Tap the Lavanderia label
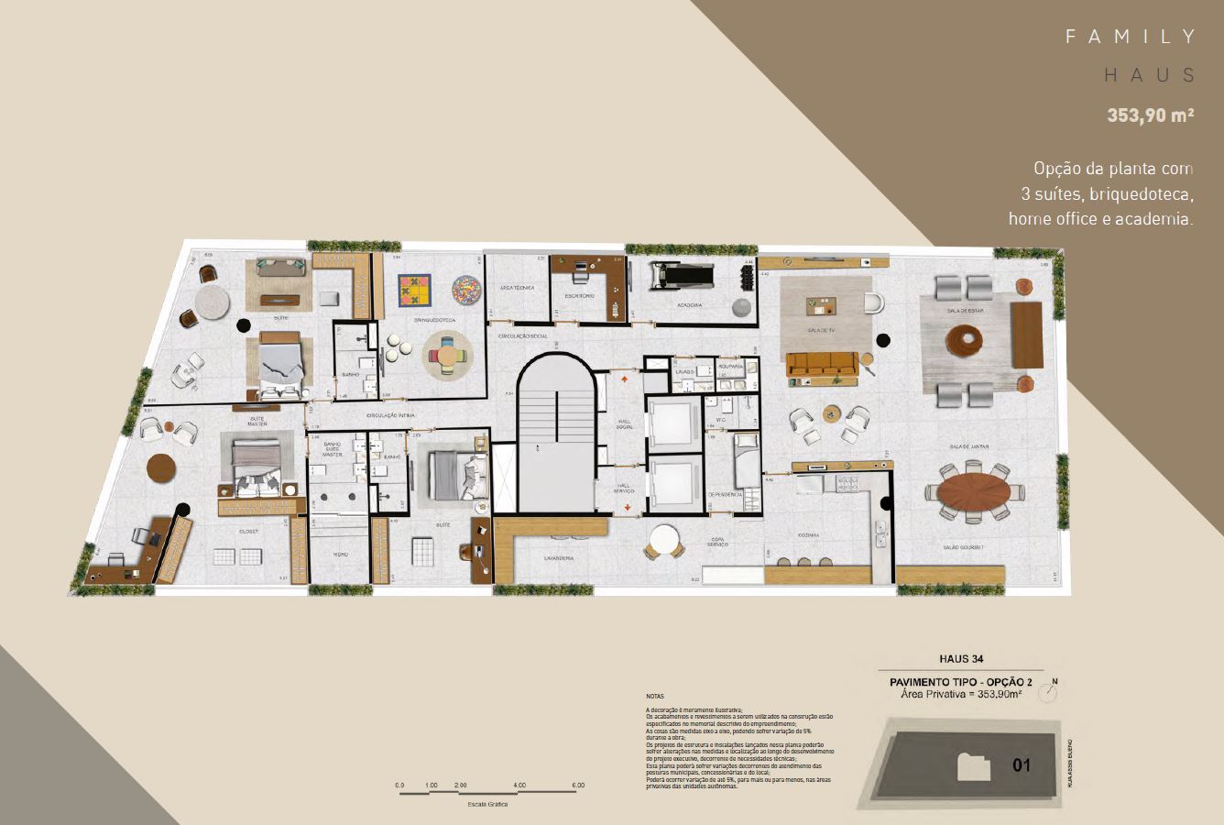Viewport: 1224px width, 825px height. click(x=558, y=557)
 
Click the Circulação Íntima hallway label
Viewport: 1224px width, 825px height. click(x=387, y=415)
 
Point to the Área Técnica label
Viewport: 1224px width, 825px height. click(x=518, y=288)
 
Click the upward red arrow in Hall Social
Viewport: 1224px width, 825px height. click(x=625, y=377)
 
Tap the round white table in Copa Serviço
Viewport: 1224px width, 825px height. click(x=663, y=540)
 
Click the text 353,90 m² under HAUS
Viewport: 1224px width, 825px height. click(x=1151, y=115)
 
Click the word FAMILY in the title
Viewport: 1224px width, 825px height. click(x=1131, y=37)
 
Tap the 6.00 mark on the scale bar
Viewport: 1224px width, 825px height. click(x=577, y=786)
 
